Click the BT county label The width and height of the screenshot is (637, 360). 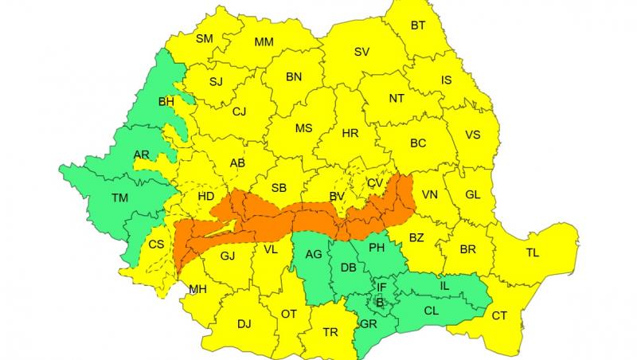click(x=418, y=25)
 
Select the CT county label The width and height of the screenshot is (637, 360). click(x=499, y=316)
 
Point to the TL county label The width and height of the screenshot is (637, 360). click(x=533, y=253)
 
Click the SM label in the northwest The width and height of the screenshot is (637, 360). click(x=205, y=38)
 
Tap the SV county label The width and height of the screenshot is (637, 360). click(x=361, y=52)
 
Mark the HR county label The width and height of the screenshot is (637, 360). click(x=350, y=133)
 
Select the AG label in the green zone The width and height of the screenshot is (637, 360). click(x=314, y=255)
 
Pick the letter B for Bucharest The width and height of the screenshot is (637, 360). click(x=380, y=303)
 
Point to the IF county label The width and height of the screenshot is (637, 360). click(x=381, y=287)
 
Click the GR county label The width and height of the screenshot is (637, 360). click(x=369, y=324)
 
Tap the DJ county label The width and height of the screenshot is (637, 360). click(x=244, y=324)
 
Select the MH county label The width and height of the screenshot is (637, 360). click(x=197, y=289)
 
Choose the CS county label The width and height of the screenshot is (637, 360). click(x=156, y=244)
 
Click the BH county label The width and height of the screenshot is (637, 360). click(x=166, y=102)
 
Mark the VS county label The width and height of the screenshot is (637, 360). click(x=473, y=135)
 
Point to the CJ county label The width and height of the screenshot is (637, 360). click(x=239, y=112)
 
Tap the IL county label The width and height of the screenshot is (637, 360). click(x=444, y=284)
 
